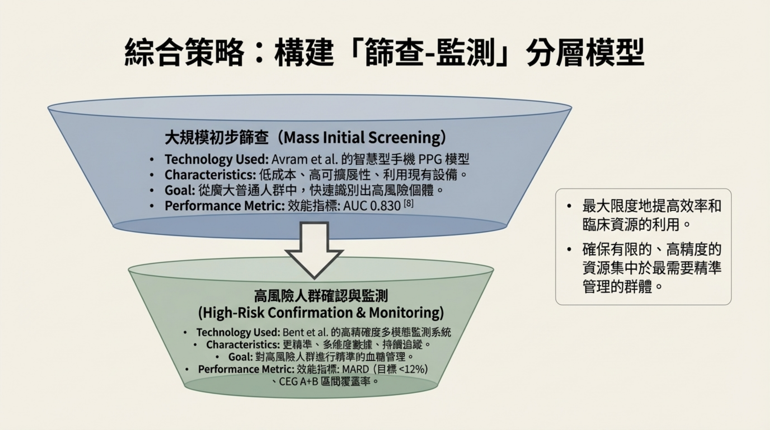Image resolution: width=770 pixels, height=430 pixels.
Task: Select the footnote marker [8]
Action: coord(409,203)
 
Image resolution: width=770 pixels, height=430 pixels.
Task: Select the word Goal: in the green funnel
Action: coord(241,357)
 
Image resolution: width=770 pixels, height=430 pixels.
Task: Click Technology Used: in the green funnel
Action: coord(238,332)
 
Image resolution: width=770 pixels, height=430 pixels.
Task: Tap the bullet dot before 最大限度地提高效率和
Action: coord(569,206)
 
